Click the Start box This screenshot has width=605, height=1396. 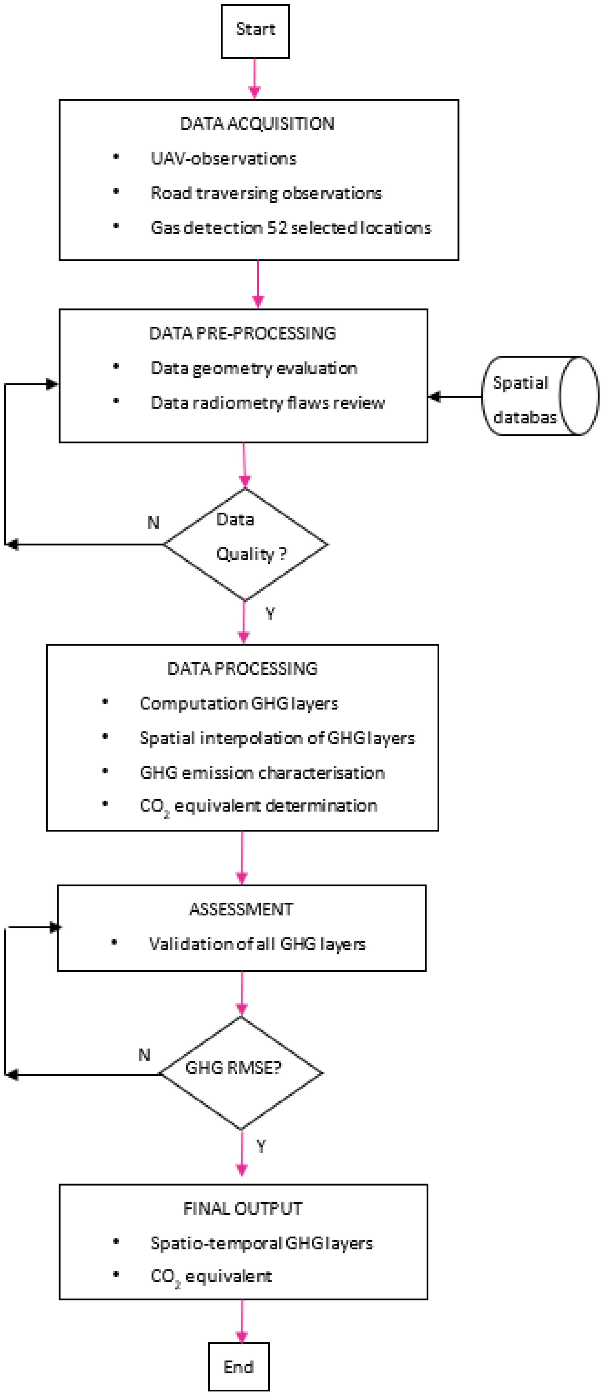[x=255, y=31]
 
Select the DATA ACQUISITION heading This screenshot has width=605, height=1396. [x=257, y=124]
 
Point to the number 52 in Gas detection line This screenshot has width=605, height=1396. [x=277, y=227]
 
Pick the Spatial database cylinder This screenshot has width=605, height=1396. [x=540, y=396]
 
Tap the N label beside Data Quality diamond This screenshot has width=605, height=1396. [x=153, y=522]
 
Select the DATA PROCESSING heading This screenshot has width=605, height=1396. [x=242, y=668]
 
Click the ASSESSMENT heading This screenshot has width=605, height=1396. [x=241, y=909]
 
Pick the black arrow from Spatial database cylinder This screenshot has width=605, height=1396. [x=455, y=397]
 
